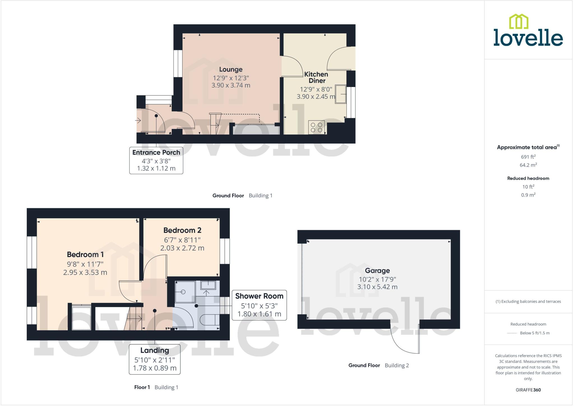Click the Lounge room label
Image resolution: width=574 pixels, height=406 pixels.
click(x=231, y=69)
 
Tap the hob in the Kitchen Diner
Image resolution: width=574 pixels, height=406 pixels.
click(x=316, y=127)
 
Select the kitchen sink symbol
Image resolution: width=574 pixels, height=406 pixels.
click(x=341, y=94)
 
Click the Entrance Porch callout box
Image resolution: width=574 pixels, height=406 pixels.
click(x=156, y=160)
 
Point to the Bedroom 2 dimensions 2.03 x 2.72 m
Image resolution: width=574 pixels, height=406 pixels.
click(x=182, y=248)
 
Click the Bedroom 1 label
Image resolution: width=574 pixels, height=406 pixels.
click(x=85, y=254)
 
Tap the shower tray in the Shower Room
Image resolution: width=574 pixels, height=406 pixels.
click(x=185, y=292)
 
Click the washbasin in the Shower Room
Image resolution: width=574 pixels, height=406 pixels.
click(x=208, y=285)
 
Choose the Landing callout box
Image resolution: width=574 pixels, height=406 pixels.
click(x=154, y=359)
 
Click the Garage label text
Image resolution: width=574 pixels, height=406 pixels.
click(x=377, y=270)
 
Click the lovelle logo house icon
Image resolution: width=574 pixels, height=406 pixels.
click(x=519, y=22)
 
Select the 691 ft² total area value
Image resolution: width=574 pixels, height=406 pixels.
click(x=528, y=157)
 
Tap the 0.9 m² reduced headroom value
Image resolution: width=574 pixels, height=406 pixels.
click(x=528, y=195)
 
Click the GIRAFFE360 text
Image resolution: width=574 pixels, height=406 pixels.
click(x=528, y=390)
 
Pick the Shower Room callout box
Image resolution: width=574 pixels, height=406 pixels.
click(x=259, y=305)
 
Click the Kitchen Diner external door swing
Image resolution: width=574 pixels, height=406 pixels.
click(x=339, y=59)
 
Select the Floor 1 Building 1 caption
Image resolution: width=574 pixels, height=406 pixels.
click(x=156, y=387)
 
